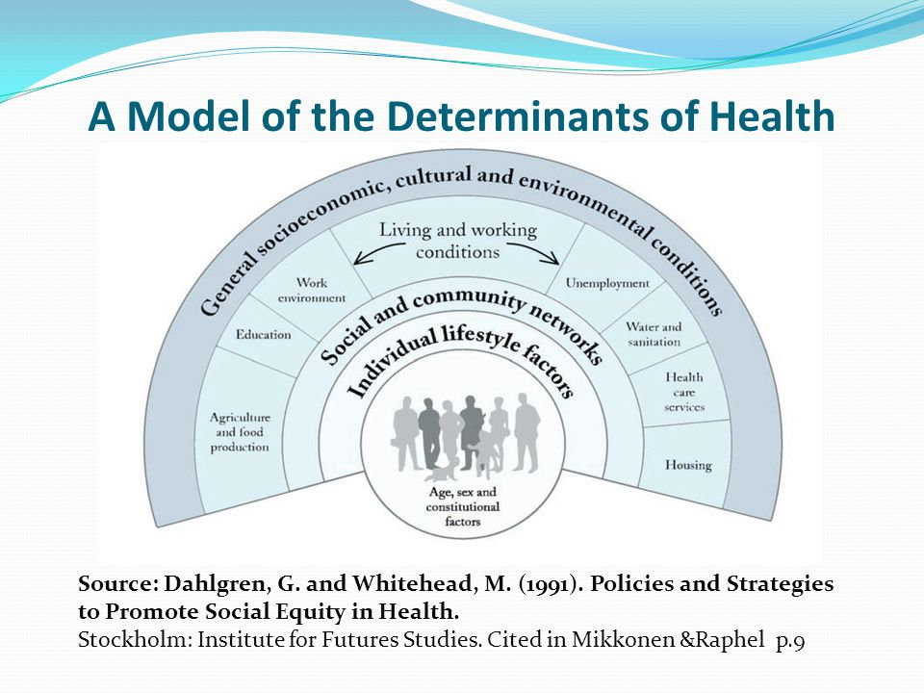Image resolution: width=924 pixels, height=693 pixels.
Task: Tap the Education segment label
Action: tap(263, 335)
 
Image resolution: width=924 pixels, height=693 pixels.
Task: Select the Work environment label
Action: tap(311, 291)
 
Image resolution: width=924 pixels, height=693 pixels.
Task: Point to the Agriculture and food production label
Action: tap(240, 432)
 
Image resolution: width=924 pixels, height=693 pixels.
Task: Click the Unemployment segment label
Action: tap(607, 283)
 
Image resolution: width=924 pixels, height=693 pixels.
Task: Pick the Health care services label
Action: tap(684, 392)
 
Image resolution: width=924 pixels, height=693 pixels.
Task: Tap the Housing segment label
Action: tap(688, 465)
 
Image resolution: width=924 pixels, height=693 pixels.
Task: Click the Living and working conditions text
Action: tap(457, 241)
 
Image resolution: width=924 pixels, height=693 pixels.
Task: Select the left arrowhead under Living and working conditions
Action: tap(358, 259)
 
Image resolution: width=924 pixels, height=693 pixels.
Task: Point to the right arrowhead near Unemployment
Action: tap(557, 259)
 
